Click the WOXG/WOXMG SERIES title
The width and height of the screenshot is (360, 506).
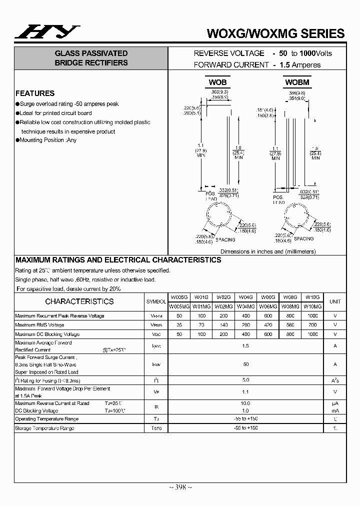(275, 33)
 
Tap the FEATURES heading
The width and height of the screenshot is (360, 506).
(35, 93)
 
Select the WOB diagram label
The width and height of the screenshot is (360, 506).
(217, 82)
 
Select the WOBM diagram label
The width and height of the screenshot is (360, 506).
(297, 82)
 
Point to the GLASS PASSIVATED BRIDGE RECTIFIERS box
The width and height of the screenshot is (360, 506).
(91, 58)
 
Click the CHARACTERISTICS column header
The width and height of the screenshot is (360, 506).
(79, 301)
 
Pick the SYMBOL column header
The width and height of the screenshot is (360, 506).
(156, 302)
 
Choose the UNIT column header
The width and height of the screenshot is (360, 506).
(334, 301)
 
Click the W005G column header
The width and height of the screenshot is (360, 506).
(178, 297)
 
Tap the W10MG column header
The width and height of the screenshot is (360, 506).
(312, 306)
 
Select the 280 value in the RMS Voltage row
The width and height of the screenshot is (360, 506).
(246, 325)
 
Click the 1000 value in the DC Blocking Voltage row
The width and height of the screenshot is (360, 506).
(312, 334)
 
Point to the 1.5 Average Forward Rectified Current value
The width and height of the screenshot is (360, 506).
(245, 346)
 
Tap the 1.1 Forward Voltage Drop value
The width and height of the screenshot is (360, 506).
(245, 392)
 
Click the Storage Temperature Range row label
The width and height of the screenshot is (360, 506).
(44, 428)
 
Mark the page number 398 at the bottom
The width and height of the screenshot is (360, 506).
(179, 487)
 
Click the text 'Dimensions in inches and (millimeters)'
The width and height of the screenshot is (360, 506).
(268, 252)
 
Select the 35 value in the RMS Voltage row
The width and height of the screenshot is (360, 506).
(178, 325)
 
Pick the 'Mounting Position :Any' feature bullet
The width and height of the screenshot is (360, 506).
(48, 140)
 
